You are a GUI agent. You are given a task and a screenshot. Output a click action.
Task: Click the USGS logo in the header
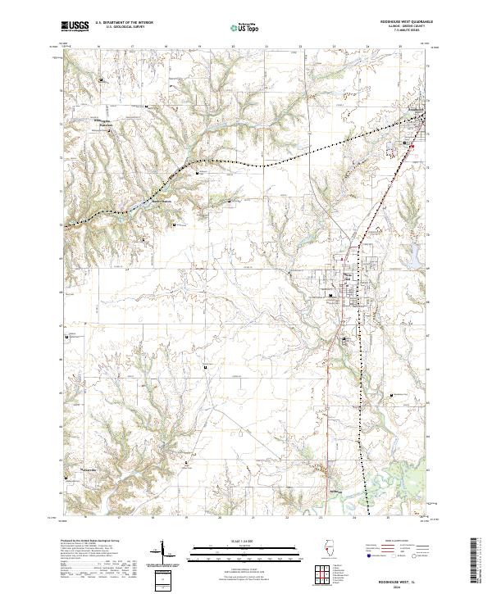click(75, 27)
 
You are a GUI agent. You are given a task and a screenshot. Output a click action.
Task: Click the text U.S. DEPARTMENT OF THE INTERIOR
click(125, 22)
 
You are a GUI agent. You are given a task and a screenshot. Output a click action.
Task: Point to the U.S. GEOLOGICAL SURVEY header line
click(125, 27)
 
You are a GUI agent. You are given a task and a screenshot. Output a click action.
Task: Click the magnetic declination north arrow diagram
click(164, 551)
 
